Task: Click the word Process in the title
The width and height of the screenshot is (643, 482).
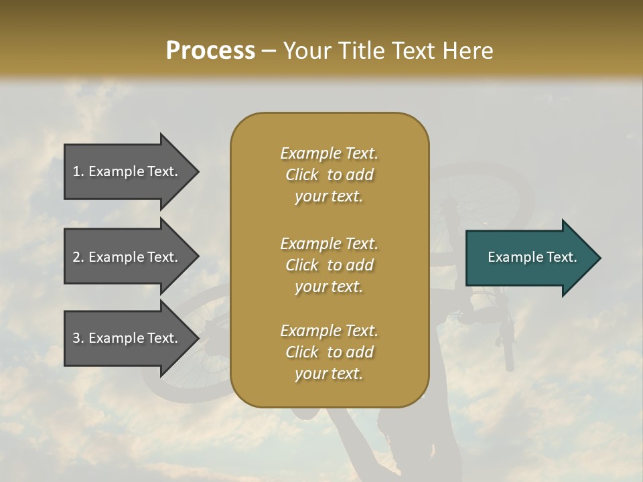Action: point(210,51)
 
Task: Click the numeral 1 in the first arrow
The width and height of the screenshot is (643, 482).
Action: point(76,171)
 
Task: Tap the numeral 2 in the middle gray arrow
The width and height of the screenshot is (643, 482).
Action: point(76,257)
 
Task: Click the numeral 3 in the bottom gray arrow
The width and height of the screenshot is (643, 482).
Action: point(76,338)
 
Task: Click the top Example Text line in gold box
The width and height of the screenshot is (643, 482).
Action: point(329,153)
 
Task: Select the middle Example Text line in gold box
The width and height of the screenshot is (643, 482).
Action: point(329,244)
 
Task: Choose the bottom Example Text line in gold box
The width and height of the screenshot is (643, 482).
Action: point(329,331)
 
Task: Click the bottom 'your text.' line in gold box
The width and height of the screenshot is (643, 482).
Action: point(329,374)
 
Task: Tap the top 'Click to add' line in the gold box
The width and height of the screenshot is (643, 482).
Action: point(329,175)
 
